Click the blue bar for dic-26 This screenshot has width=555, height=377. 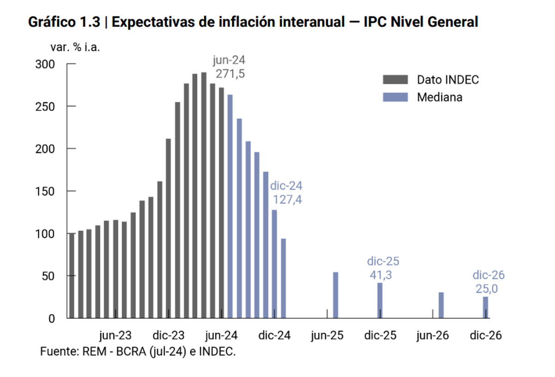tap(485, 307)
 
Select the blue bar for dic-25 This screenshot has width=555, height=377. tap(380, 300)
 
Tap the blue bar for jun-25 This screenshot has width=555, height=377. tap(336, 295)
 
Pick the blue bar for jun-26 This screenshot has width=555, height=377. tap(441, 305)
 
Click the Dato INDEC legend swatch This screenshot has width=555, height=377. tap(395, 80)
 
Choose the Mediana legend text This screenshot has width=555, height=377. tap(439, 97)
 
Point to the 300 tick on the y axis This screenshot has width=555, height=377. tap(45, 64)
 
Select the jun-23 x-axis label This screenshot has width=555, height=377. tap(115, 335)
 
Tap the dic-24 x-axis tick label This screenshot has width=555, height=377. tap(274, 335)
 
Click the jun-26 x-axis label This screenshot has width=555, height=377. tap(432, 335)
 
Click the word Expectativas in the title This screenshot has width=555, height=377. tap(153, 22)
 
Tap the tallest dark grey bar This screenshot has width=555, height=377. tap(203, 195)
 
